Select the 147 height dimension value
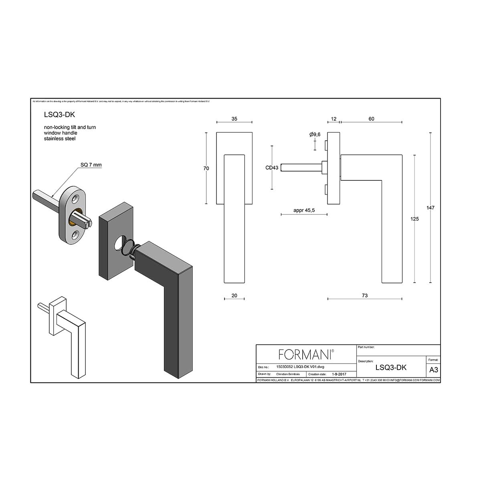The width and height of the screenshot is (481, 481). [431, 208]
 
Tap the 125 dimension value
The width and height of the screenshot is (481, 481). [415, 219]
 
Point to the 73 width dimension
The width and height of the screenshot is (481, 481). [364, 295]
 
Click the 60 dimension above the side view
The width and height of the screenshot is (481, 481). [371, 119]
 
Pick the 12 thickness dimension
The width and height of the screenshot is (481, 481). [334, 119]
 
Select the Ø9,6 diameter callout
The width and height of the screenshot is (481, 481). [315, 135]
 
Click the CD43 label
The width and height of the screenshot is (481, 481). [272, 168]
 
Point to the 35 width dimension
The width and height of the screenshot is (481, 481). [234, 119]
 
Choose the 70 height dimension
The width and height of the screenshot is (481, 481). [206, 168]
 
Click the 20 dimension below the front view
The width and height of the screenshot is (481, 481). [234, 295]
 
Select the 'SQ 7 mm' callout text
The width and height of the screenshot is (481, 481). [91, 165]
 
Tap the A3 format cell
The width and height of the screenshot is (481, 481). [433, 370]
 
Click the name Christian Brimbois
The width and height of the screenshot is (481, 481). [288, 374]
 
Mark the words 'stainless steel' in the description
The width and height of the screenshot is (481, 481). [60, 139]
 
